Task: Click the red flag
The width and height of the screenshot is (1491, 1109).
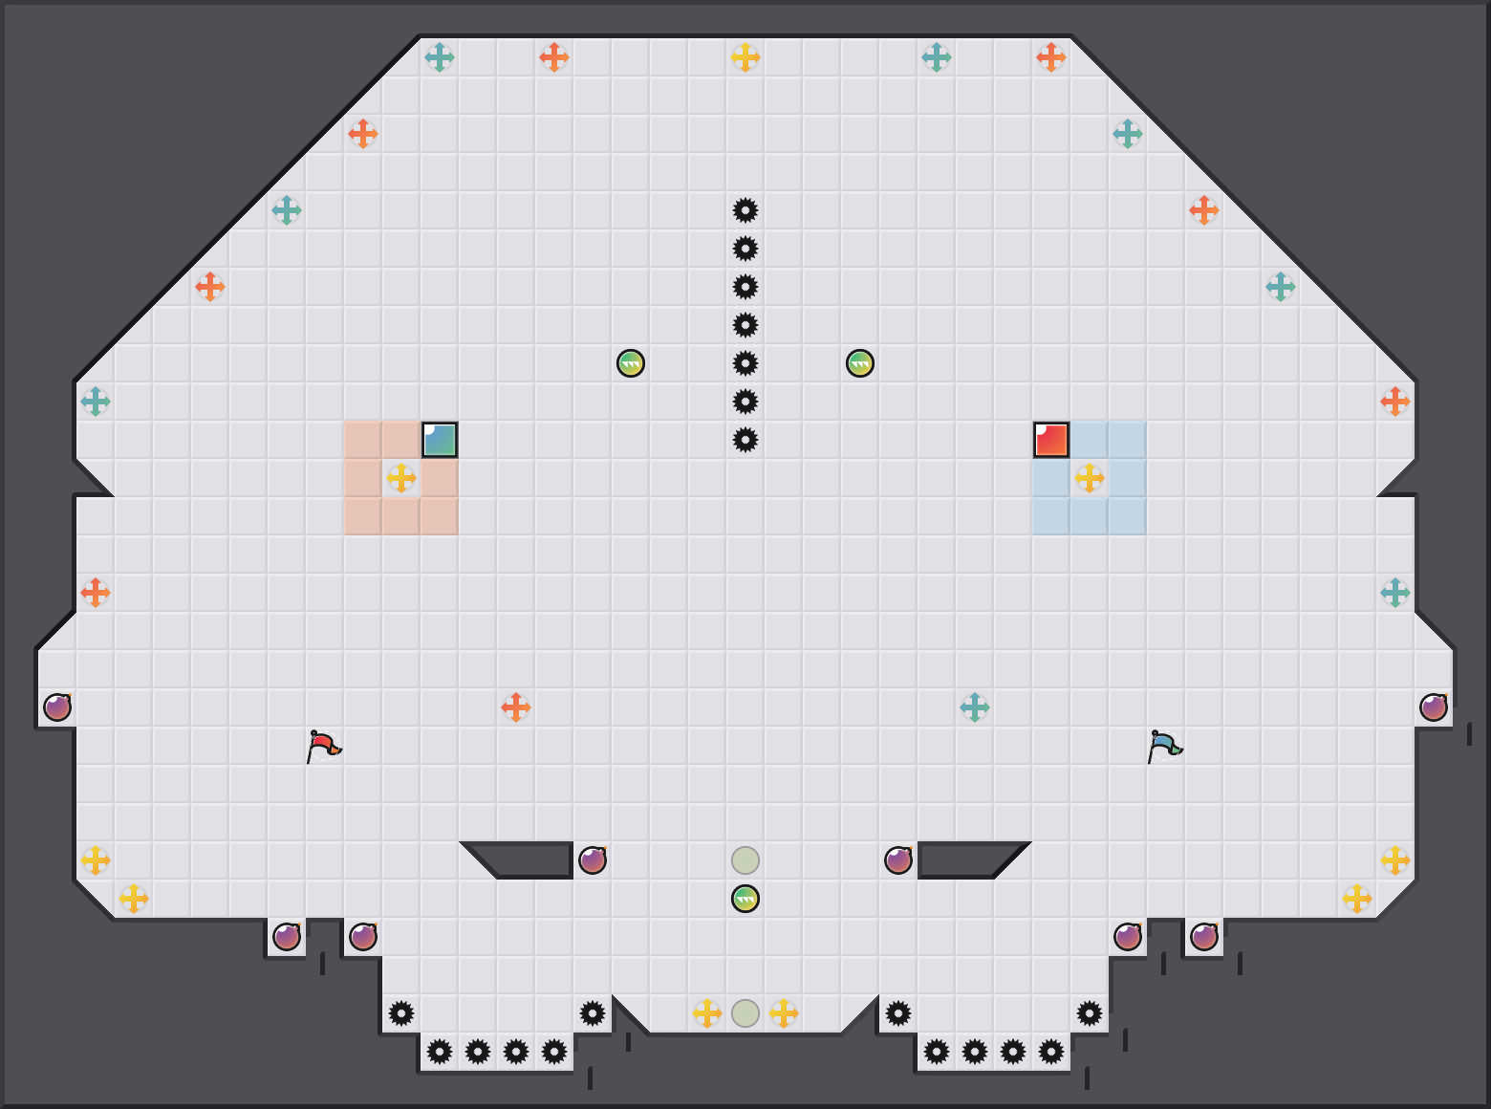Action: tap(323, 745)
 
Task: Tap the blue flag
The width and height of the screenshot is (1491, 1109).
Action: tap(1164, 745)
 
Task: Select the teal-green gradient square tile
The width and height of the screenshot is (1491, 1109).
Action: tap(440, 440)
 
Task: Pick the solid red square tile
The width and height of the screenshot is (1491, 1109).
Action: tap(1051, 440)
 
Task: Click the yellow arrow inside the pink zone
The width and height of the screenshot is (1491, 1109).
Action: tap(401, 478)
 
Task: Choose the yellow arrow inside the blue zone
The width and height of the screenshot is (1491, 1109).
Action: tap(1090, 478)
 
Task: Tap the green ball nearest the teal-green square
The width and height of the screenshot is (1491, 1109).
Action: tap(631, 363)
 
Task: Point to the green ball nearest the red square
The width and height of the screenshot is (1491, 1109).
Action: tap(860, 363)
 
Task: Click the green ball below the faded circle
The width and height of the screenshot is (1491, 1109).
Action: tap(745, 899)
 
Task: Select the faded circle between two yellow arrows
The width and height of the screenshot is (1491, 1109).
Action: tap(745, 1013)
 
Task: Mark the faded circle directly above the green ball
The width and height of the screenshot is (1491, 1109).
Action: tap(745, 860)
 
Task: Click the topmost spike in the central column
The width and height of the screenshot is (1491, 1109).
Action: tap(745, 210)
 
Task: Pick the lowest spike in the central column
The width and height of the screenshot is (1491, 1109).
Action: tap(745, 440)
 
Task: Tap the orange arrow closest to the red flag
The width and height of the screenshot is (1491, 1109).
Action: tap(516, 707)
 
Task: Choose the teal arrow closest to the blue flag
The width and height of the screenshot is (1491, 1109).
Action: tap(975, 707)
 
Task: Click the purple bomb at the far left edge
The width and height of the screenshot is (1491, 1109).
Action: tap(57, 707)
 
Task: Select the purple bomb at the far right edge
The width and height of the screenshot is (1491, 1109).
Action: tap(1434, 707)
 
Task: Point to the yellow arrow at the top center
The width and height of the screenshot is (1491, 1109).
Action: tap(745, 57)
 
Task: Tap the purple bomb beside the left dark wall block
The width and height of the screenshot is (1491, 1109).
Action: tap(593, 860)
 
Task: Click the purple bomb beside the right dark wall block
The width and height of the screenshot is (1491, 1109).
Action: tap(898, 860)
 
